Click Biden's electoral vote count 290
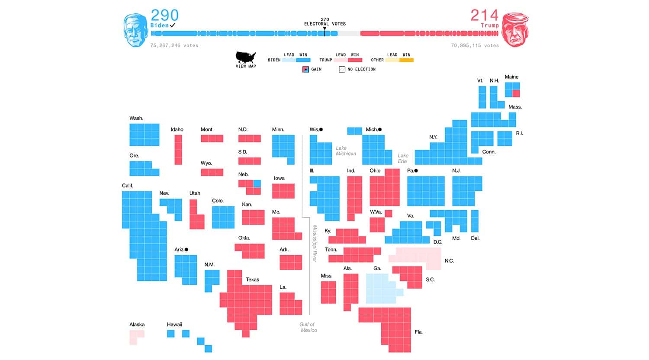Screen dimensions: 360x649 click(164, 15)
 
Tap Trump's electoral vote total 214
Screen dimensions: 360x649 click(485, 15)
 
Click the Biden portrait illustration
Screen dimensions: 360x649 click(135, 30)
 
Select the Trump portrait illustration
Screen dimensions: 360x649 click(515, 30)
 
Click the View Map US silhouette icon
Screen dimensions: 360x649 click(245, 58)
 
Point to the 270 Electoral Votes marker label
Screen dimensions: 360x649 click(324, 22)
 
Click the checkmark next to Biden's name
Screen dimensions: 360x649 click(173, 25)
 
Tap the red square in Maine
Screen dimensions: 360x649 click(516, 93)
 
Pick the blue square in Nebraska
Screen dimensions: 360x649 click(257, 183)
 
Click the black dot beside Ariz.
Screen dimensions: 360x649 click(186, 250)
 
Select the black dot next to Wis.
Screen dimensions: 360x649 click(321, 129)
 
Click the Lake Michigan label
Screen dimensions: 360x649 click(346, 151)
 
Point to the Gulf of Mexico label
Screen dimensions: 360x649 click(308, 327)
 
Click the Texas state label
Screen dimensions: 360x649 click(252, 280)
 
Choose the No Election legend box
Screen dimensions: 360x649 click(342, 69)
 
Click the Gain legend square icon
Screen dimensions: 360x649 click(305, 69)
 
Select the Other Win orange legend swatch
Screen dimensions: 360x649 click(406, 60)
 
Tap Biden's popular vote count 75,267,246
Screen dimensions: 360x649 click(174, 45)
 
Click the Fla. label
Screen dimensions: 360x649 click(418, 332)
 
